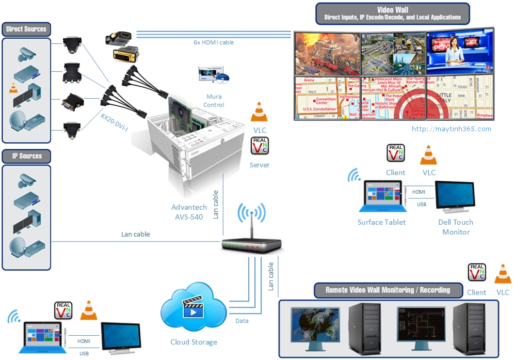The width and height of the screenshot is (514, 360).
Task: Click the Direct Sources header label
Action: point(26,29)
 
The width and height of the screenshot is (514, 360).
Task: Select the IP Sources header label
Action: point(27,156)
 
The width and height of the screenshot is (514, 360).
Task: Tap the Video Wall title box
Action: point(392,13)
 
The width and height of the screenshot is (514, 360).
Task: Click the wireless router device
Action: point(252,243)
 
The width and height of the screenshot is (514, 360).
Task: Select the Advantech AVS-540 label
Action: point(189,212)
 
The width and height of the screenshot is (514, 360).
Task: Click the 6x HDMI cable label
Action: point(210,42)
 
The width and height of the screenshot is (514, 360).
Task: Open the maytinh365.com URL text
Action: point(452,129)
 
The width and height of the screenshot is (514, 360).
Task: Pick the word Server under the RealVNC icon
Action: point(259,165)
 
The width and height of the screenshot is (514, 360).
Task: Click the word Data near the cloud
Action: point(242,321)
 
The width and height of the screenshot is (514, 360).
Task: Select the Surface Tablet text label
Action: point(381,222)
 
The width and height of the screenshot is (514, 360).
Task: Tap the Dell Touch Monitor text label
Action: point(456,227)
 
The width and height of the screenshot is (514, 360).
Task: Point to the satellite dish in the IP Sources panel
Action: point(19,246)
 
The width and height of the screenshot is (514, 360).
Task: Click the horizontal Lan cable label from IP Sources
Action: point(135,234)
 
